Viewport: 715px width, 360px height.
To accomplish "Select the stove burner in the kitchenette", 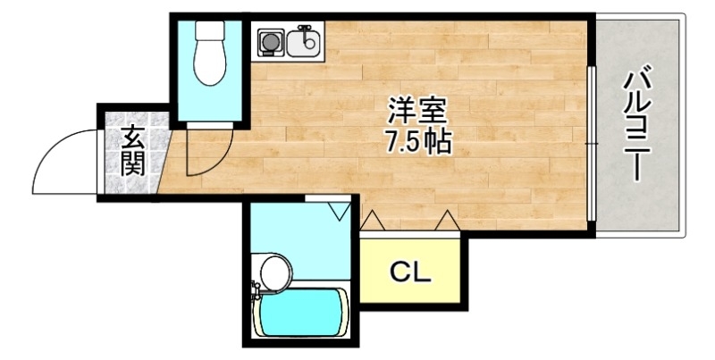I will pyautogui.click(x=269, y=41).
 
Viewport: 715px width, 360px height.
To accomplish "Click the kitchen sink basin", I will pyautogui.click(x=305, y=41).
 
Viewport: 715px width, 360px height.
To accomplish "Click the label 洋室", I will pyautogui.click(x=416, y=111).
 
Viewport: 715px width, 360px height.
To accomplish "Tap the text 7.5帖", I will pyautogui.click(x=416, y=141).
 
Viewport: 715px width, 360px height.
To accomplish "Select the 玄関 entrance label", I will pyautogui.click(x=133, y=151).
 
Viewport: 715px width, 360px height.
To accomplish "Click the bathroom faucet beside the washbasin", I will pyautogui.click(x=255, y=289).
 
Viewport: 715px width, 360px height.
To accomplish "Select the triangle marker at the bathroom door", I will pyautogui.click(x=337, y=211).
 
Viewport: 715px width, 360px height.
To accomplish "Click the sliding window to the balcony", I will pyautogui.click(x=591, y=143).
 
